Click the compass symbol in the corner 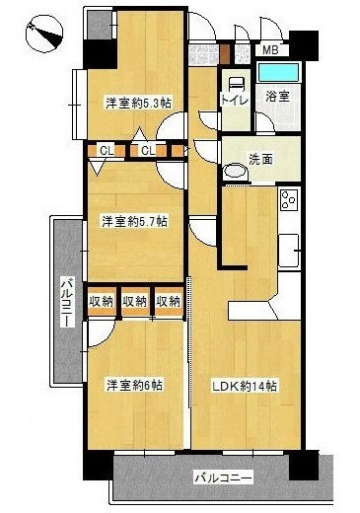[x=44, y=34]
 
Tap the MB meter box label [x=271, y=50]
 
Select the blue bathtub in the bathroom [x=278, y=72]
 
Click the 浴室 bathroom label [x=277, y=96]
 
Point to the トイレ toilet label [x=235, y=100]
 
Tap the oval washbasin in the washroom [x=235, y=172]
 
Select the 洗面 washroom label [x=261, y=160]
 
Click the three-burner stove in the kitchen [x=289, y=200]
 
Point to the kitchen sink [x=289, y=251]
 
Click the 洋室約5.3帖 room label [x=138, y=103]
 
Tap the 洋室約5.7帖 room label [x=135, y=221]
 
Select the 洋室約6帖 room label [x=135, y=385]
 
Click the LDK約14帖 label [x=244, y=386]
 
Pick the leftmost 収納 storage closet [x=102, y=302]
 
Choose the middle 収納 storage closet [x=135, y=302]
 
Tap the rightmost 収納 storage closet [x=169, y=302]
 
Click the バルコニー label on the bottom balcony [x=224, y=477]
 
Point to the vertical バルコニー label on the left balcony [x=68, y=302]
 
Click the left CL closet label [x=107, y=151]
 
